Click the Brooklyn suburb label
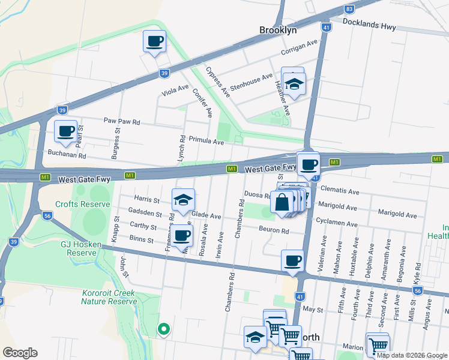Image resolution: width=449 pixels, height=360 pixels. coord(278,29)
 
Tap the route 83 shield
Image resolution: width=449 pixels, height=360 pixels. coord(349,9)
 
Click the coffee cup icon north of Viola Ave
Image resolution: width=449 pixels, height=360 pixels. coord(155,41)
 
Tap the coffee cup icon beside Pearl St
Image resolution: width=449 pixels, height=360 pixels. coord(66,131)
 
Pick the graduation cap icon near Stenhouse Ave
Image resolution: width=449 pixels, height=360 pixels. coord(294,84)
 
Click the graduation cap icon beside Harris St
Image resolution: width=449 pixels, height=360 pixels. coord(184,199)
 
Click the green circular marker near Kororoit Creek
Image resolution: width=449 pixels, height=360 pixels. coord(163,328)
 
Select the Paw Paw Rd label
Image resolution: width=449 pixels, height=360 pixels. coord(121,122)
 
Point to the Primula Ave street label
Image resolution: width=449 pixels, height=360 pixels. coord(206,142)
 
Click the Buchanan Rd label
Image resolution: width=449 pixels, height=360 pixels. coord(67,155)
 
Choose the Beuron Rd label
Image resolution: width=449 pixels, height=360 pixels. coord(274,230)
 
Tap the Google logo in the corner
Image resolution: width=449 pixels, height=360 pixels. coord(20,353)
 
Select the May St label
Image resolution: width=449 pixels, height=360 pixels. coord(313,310)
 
